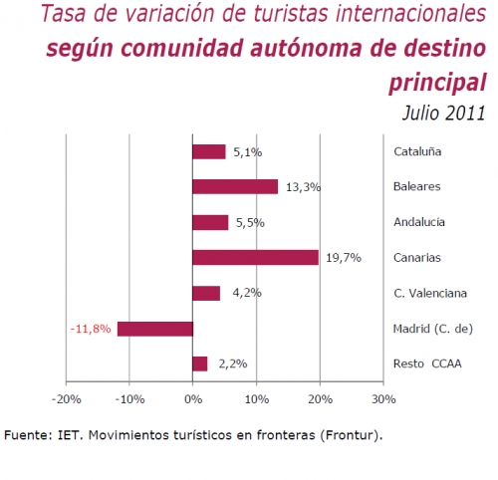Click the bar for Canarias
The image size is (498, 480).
tap(255, 257)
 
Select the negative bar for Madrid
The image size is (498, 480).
tap(154, 328)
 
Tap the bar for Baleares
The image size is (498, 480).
tap(235, 186)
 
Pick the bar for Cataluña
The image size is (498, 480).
tap(209, 151)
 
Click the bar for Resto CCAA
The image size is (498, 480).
tap(200, 363)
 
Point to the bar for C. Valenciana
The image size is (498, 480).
tap(206, 293)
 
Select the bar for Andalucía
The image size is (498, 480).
tap(210, 222)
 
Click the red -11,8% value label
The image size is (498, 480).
tap(91, 328)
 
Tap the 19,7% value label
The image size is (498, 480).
tap(341, 258)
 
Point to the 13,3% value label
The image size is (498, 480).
tap(301, 187)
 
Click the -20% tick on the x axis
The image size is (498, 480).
tap(66, 399)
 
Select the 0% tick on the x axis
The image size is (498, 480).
tap(192, 399)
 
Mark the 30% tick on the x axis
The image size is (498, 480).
tap(382, 399)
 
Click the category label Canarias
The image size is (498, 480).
tap(418, 258)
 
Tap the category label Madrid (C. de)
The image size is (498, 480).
tap(431, 329)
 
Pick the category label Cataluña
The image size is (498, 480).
tap(418, 152)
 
